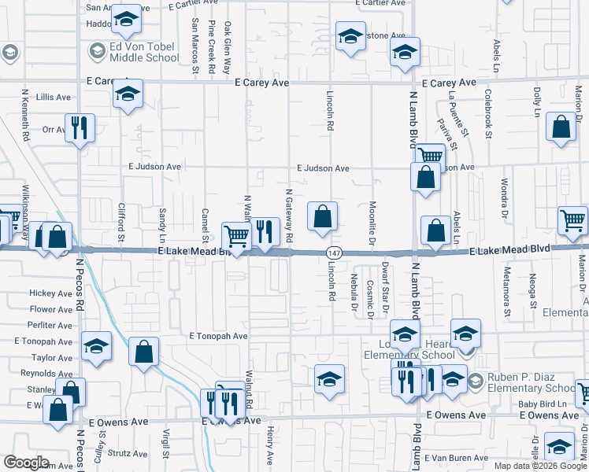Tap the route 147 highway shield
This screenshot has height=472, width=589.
point(334,252)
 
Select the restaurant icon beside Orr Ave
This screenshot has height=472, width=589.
point(80,128)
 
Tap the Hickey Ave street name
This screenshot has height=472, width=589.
point(50,293)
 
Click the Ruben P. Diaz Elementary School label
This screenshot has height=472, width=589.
point(532,383)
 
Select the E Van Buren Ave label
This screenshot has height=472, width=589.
point(465,458)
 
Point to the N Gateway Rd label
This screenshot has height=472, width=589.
point(289,215)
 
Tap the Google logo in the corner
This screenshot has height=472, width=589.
point(26,463)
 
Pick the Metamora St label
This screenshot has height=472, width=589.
point(509,289)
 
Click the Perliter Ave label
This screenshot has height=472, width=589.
point(50,325)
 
